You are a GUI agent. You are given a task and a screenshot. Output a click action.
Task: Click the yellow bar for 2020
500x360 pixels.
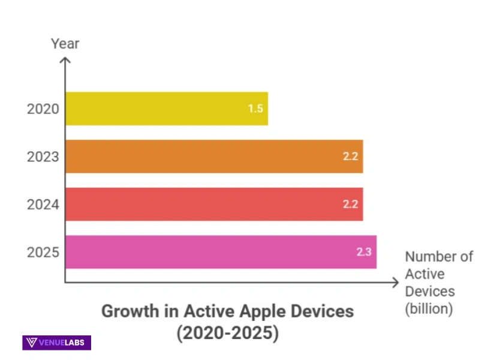pyautogui.click(x=166, y=109)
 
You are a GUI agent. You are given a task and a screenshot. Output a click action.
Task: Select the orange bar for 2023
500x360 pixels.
pyautogui.click(x=214, y=157)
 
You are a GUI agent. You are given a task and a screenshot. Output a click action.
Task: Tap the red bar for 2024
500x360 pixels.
pyautogui.click(x=214, y=204)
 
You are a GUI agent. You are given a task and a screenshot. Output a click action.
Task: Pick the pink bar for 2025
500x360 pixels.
pyautogui.click(x=221, y=252)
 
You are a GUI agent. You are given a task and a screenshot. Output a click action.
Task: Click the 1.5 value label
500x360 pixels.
pyautogui.click(x=255, y=109)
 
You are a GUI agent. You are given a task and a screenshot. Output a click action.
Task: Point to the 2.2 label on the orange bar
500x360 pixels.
pyautogui.click(x=350, y=157)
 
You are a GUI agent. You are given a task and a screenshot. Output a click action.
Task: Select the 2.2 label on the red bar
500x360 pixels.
pyautogui.click(x=350, y=205)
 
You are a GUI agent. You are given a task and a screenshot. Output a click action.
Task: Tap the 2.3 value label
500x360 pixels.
pyautogui.click(x=364, y=252)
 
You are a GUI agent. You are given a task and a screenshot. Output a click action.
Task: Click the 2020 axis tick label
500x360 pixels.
pyautogui.click(x=43, y=109)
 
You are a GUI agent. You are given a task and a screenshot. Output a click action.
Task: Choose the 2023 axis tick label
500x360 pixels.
pyautogui.click(x=43, y=157)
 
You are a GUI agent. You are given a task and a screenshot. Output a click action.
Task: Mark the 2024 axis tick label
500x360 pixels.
pyautogui.click(x=43, y=205)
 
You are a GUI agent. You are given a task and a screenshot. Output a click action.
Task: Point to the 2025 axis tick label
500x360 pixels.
pyautogui.click(x=43, y=252)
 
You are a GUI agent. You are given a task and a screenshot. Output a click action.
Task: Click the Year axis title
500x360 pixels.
pyautogui.click(x=65, y=44)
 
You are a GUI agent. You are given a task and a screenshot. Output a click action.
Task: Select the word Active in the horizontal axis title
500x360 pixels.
pyautogui.click(x=424, y=274)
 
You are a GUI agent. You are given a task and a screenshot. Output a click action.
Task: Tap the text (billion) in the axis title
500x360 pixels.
pyautogui.click(x=429, y=309)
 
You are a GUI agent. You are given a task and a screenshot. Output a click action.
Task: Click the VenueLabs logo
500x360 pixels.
pyautogui.click(x=57, y=343)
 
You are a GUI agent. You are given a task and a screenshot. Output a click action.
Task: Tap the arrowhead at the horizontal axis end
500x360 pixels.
pyautogui.click(x=395, y=282)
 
